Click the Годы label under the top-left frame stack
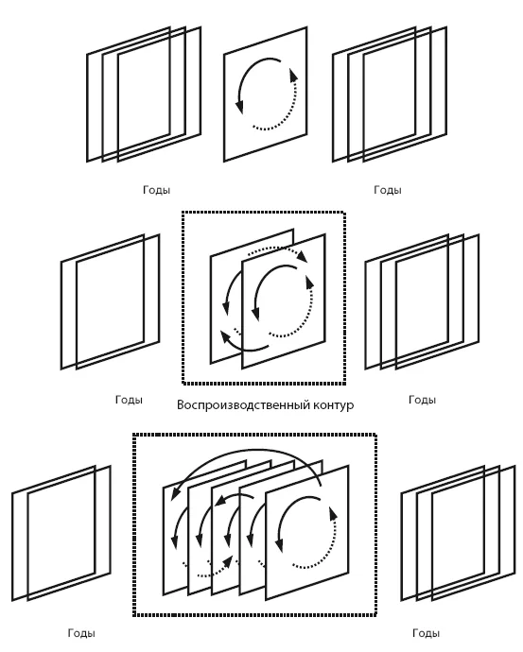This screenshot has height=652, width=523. pos(156,190)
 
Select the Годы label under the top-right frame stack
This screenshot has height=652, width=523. pos(388,190)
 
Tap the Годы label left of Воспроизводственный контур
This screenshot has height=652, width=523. pos(129,400)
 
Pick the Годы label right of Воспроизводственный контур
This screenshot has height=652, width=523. pos(423,400)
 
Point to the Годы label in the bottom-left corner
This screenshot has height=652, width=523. pos(81,633)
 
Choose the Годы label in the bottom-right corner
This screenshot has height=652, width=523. pos(426,633)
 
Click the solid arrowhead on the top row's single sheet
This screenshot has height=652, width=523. pos(239,107)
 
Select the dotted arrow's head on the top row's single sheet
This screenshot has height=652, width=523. pos(293,75)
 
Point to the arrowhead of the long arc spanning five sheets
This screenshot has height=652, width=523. pos(175,491)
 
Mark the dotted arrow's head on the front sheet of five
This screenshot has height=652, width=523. pos(333,514)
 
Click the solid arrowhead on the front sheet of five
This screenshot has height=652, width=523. pos(280,544)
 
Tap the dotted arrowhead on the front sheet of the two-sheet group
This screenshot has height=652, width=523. pos(309,283)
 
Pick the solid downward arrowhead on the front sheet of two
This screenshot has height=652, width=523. pos(256,314)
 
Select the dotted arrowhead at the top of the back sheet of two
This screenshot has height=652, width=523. pos(303,256)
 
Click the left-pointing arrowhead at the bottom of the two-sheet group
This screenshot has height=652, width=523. pos(225,336)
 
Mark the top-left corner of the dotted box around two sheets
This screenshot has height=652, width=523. pos(183,213)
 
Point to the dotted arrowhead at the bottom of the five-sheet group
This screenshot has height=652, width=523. pos(227,561)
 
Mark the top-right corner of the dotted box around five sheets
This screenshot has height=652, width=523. pos(375,435)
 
